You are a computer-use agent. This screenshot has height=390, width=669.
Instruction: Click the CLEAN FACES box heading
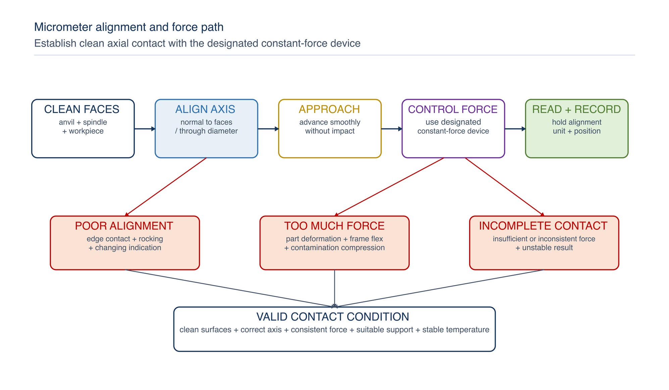click(82, 109)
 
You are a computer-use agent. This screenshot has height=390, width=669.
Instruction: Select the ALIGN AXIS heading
click(205, 109)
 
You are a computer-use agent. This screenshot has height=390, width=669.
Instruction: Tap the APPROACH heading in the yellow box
click(329, 109)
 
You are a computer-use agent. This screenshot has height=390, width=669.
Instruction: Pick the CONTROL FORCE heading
click(453, 109)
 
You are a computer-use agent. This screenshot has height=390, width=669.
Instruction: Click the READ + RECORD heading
click(576, 109)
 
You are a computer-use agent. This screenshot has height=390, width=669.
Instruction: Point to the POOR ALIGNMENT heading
click(124, 226)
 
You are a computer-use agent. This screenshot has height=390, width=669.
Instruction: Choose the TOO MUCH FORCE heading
click(334, 226)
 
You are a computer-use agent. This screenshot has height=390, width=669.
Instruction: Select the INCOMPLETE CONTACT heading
click(543, 226)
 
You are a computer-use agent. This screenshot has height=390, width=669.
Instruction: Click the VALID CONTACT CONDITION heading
click(333, 317)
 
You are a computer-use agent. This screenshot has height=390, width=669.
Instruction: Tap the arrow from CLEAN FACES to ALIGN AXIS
click(145, 129)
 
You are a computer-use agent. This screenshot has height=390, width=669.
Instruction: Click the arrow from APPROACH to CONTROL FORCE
click(392, 129)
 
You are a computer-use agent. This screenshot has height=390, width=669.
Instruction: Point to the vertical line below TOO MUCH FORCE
click(334, 288)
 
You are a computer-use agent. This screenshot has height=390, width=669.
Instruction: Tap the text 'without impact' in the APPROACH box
click(330, 131)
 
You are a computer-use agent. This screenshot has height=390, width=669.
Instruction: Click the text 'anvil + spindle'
click(83, 122)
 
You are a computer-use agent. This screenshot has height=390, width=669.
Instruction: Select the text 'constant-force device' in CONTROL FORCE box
click(453, 131)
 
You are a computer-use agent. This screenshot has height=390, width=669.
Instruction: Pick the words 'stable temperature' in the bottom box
click(456, 330)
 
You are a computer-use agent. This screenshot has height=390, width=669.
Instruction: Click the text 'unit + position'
click(577, 131)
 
